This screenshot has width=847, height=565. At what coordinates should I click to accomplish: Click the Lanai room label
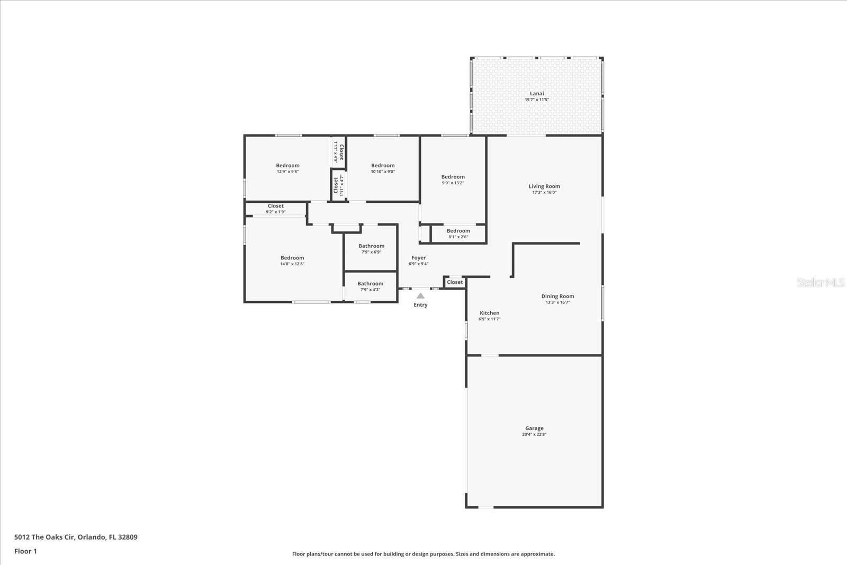coord(536,94)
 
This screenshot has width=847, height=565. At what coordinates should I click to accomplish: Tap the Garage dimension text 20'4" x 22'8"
coord(534,435)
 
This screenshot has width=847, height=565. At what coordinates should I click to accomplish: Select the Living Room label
coord(544,186)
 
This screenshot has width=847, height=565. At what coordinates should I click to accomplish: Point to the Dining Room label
coord(557,297)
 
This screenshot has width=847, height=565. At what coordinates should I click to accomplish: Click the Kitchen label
coord(489,313)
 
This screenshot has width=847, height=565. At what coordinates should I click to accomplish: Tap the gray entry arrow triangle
coord(420,296)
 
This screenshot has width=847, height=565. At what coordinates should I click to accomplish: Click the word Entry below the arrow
coord(420,305)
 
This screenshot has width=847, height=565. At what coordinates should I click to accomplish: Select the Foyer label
coord(418,258)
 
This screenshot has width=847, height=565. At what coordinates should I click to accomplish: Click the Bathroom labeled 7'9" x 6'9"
coord(371,246)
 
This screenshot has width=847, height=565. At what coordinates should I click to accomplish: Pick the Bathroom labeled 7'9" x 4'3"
coord(370,284)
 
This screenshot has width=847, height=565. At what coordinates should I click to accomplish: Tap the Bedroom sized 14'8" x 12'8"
coord(292,258)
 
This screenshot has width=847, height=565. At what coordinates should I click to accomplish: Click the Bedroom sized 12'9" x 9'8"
coord(287,166)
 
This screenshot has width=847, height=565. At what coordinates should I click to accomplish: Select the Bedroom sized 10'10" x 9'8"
coord(383,166)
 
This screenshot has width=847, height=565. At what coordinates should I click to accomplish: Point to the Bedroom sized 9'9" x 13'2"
coord(453,177)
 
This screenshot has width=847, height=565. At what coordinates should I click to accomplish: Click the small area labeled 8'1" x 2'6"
coord(458,234)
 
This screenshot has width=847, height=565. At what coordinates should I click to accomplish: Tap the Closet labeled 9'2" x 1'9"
coord(275,207)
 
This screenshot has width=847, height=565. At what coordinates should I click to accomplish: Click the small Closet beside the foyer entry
coord(455,282)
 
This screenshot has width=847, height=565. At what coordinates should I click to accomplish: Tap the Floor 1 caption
coord(25,551)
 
